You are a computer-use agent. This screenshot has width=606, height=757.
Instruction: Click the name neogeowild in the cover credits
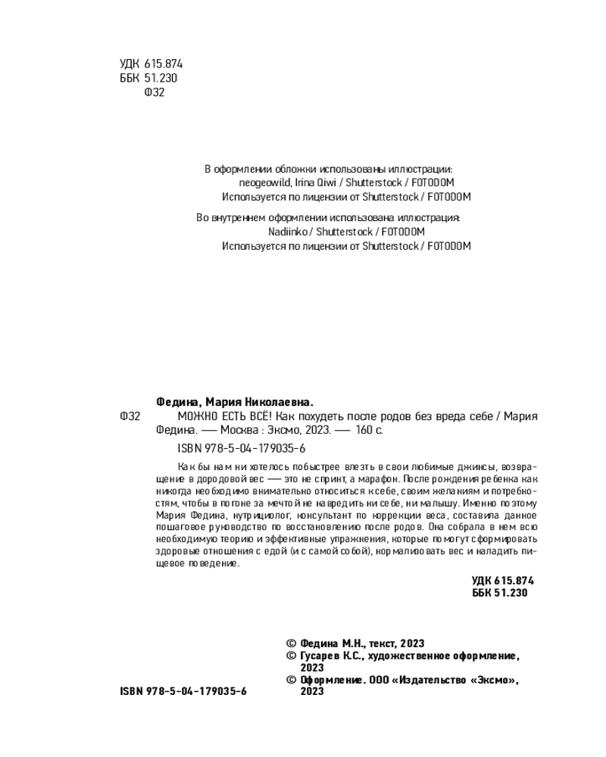point(260,183)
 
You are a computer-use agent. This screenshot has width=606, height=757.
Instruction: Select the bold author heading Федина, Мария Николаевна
point(234,402)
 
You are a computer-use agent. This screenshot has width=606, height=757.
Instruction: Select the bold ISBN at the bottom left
point(183,692)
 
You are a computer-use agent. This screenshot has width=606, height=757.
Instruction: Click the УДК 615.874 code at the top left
point(151,64)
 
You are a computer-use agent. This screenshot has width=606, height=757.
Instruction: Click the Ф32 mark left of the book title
point(130,417)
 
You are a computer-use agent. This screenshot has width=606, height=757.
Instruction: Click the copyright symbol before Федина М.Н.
point(291,643)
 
